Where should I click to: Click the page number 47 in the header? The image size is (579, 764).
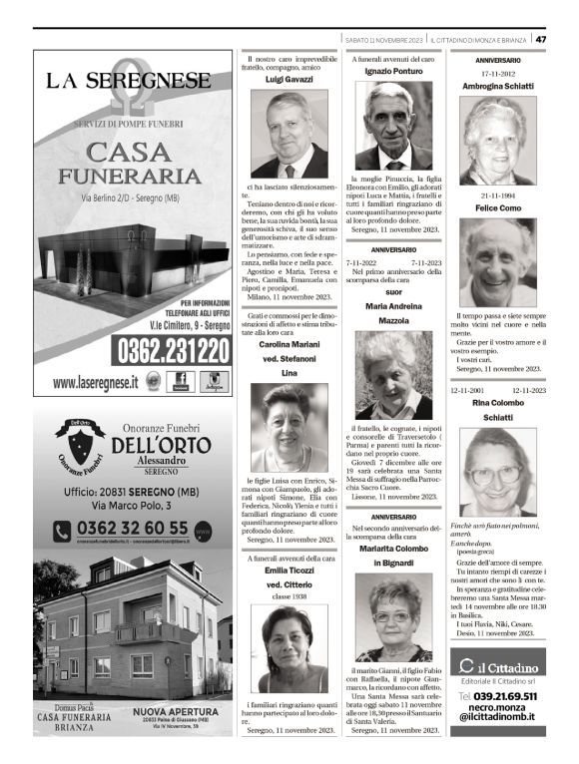(540, 39)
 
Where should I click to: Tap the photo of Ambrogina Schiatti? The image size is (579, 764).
(496, 141)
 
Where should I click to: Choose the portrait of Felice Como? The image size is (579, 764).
(496, 262)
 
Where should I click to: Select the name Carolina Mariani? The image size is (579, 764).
(289, 344)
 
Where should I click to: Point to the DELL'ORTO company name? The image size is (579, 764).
(160, 445)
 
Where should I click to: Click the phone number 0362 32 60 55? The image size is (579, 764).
(132, 528)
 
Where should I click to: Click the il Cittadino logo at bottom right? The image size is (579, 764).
(498, 666)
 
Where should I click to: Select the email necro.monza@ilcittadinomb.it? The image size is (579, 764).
(498, 710)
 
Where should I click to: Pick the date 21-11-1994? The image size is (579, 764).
(496, 195)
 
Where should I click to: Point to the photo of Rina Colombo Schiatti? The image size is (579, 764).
(496, 472)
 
